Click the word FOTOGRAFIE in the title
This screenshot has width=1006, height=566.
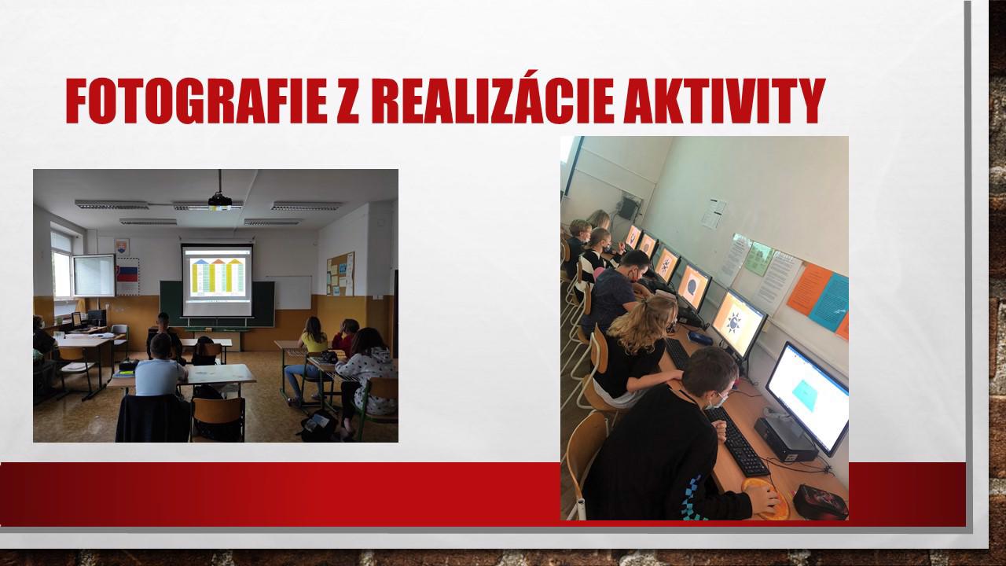(196, 101)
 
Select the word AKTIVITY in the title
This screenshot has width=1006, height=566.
(725, 101)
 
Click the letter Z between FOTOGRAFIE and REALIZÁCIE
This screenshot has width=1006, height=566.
(348, 101)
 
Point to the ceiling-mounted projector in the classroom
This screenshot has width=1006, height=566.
(219, 200)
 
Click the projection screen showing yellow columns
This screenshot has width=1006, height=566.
(217, 279)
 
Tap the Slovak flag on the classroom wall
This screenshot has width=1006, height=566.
(127, 274)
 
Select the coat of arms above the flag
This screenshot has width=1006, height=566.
(122, 247)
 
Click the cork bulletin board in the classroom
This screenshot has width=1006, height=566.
(340, 274)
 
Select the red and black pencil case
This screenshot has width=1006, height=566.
(821, 502)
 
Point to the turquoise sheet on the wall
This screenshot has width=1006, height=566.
(829, 303)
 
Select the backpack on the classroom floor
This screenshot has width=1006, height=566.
(318, 425)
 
